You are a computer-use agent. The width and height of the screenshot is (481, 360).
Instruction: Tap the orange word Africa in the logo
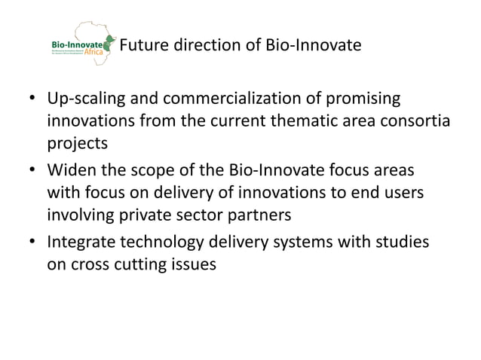coord(95,53)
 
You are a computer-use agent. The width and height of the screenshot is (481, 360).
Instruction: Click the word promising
coord(366,100)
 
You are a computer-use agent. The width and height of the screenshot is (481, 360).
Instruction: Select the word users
coord(405,194)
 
